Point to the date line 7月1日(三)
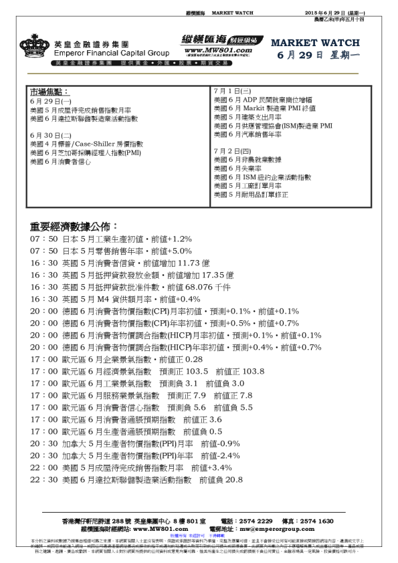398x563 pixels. pos(231,90)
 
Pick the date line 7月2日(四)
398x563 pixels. pos(231,151)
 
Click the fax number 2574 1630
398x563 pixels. pos(316,520)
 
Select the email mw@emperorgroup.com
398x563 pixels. pos(302,528)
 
